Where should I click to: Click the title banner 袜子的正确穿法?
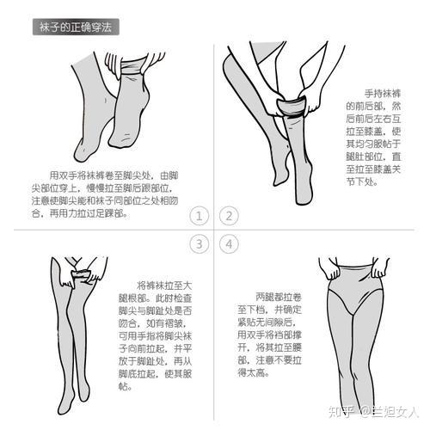[76, 28]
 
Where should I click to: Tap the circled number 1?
[199, 216]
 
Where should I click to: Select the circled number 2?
[229, 216]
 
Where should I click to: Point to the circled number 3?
[199, 244]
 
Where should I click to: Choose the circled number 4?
[229, 244]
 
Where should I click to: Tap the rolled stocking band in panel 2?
[292, 106]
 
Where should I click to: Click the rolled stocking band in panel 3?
[81, 274]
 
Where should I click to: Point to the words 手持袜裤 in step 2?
[383, 94]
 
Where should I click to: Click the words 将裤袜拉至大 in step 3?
[164, 286]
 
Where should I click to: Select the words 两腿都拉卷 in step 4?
[279, 297]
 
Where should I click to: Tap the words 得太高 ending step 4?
[251, 372]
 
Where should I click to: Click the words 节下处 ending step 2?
[359, 181]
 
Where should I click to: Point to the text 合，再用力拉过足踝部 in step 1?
[78, 213]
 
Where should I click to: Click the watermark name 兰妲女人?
[395, 412]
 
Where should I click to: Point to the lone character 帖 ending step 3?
[123, 386]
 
